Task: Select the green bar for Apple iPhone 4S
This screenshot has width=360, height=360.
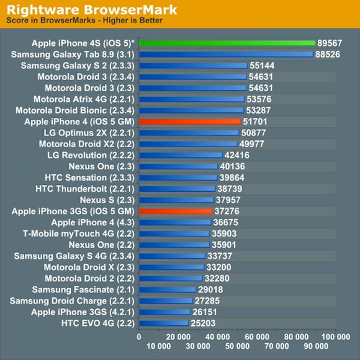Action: [227, 43]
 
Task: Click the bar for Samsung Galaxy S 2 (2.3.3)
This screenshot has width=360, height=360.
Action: [193, 66]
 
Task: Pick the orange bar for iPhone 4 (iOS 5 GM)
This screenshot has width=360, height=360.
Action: [189, 122]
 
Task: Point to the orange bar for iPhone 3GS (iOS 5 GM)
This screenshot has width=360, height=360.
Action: [176, 212]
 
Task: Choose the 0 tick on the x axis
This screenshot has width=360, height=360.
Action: [139, 335]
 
